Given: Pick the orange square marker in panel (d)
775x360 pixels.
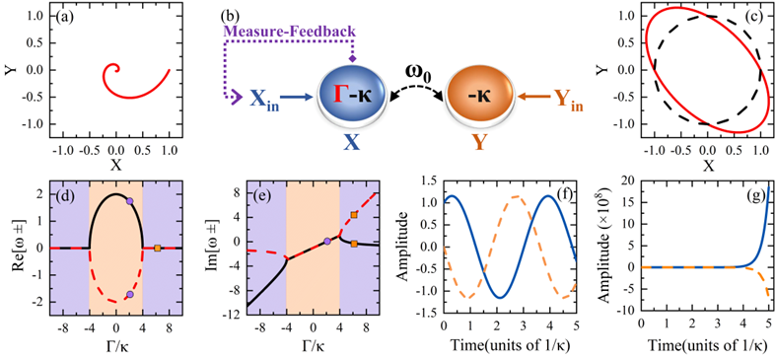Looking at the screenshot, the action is [157, 248].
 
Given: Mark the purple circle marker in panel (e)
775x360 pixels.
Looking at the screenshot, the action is [327, 242].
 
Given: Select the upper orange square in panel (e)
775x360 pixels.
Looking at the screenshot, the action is [354, 215].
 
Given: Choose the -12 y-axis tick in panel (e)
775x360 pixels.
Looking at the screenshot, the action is [235, 315].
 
